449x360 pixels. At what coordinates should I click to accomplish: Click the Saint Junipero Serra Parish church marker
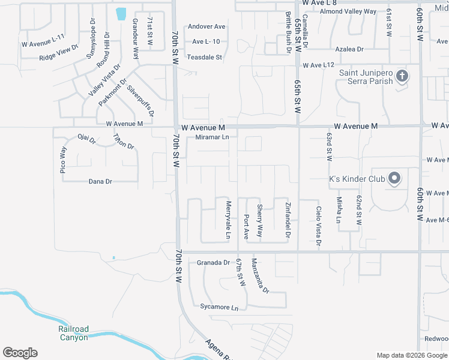point(402,76)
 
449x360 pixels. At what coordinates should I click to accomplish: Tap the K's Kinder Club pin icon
point(394,178)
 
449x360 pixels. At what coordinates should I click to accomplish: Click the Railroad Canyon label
point(73,333)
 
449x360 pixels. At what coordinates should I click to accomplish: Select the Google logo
point(20,353)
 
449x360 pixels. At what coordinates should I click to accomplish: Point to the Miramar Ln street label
point(213,137)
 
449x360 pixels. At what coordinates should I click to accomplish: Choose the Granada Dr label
point(214,263)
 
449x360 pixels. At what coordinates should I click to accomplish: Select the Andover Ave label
point(206,27)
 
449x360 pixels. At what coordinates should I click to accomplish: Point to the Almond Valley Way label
point(348,11)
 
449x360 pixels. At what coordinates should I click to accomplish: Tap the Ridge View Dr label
point(59,53)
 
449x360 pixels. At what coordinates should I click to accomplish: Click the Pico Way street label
point(63,160)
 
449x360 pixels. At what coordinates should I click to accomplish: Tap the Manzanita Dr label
point(260,276)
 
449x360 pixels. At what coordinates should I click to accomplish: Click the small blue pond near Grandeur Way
point(121,13)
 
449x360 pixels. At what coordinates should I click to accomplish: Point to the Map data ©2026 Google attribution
point(411,355)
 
